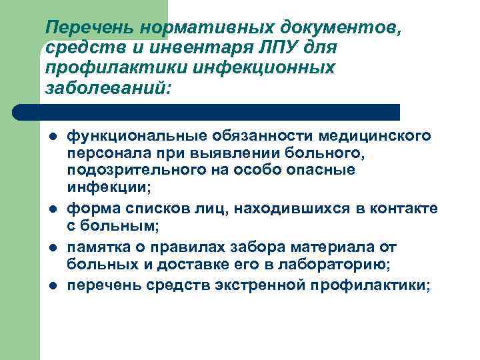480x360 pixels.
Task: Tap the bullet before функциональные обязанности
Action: coord(54,137)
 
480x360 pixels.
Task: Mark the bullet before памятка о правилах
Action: coord(54,247)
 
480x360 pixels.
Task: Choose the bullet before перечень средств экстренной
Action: coord(54,286)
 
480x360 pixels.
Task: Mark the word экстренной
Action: coord(257,285)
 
